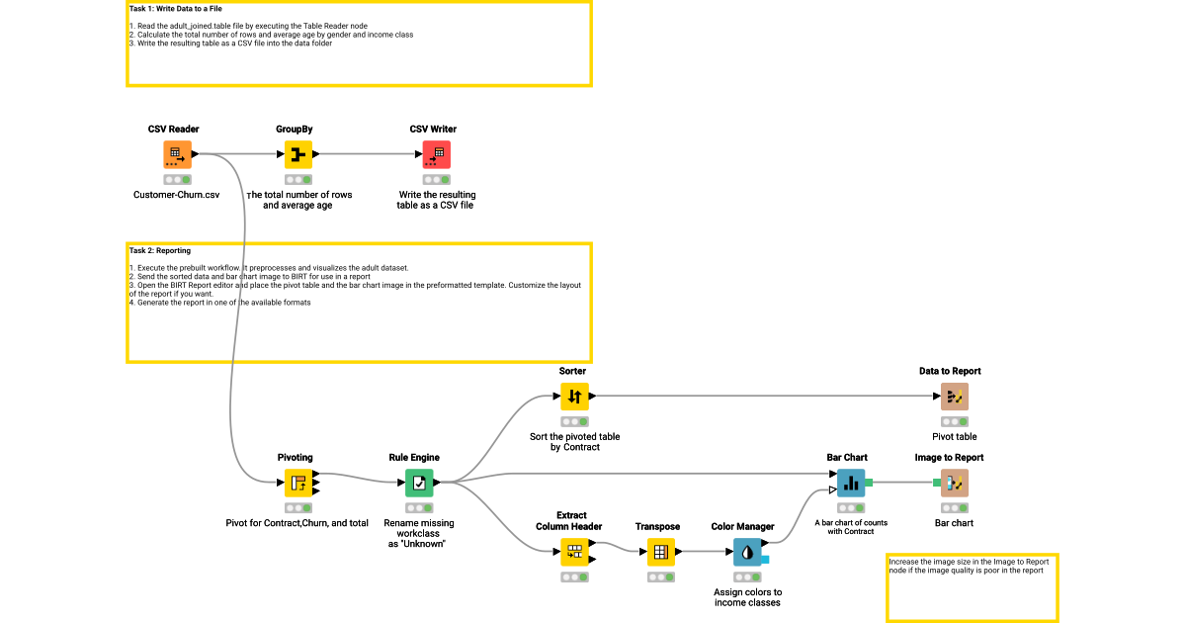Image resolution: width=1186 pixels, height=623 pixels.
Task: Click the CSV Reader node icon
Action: coord(177,154)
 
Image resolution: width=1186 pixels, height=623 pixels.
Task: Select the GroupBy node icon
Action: coord(298,154)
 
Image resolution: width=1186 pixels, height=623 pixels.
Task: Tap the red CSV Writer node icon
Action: coord(436,154)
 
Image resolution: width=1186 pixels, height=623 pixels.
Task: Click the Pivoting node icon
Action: coord(298,483)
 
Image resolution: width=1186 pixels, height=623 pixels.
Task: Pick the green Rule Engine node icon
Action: coord(419,483)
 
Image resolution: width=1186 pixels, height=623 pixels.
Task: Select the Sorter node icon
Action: coord(574,397)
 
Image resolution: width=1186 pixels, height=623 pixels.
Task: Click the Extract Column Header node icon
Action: coord(574,552)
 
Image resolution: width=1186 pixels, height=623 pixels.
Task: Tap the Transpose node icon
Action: coord(660,552)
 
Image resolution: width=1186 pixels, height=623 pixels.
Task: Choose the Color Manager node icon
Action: coord(747,552)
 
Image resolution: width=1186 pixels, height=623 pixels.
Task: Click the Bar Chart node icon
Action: coord(851,483)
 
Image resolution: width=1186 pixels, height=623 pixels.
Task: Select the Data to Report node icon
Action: coord(955,397)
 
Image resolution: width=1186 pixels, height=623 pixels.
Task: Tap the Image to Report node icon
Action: coord(955,483)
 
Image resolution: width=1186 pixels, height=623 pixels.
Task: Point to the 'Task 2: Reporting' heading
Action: coord(160,251)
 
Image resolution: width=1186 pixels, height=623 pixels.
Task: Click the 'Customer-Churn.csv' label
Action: coord(177,195)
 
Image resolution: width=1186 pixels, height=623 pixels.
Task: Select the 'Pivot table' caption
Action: coord(955,436)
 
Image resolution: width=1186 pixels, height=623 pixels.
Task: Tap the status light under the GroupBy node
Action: coord(298,180)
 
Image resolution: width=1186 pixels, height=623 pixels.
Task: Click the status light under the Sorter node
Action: coord(574,422)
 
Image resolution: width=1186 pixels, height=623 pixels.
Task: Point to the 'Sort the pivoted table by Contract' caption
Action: coord(574,442)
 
